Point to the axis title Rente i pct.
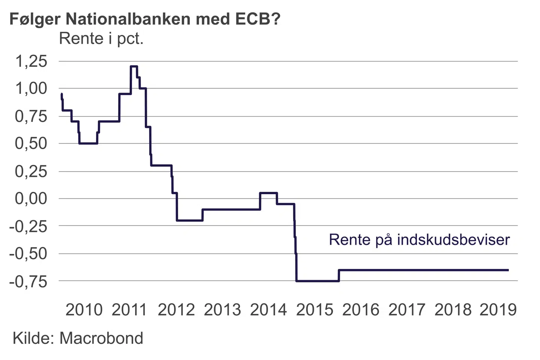101,39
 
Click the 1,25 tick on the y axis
31,61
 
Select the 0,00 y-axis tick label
31,198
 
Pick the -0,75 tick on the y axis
28,281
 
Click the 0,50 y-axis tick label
31,143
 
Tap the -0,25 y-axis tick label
28,226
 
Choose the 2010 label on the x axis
84,310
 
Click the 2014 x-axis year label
268,310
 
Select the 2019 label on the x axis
498,310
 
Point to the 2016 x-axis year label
361,310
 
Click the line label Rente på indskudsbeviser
419,240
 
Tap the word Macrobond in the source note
101,338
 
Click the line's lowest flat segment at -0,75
318,281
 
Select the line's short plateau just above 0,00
268,193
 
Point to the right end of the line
508,270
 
